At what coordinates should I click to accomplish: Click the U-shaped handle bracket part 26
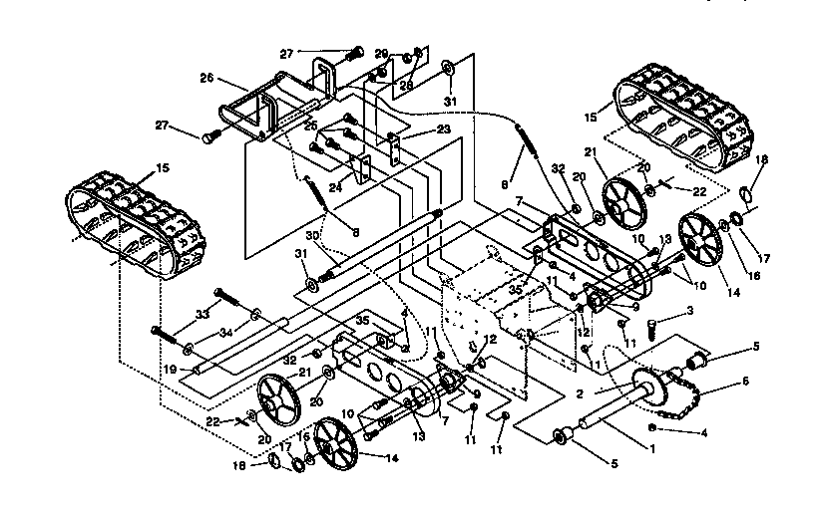(x=269, y=100)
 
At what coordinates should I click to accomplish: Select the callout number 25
(x=309, y=127)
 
